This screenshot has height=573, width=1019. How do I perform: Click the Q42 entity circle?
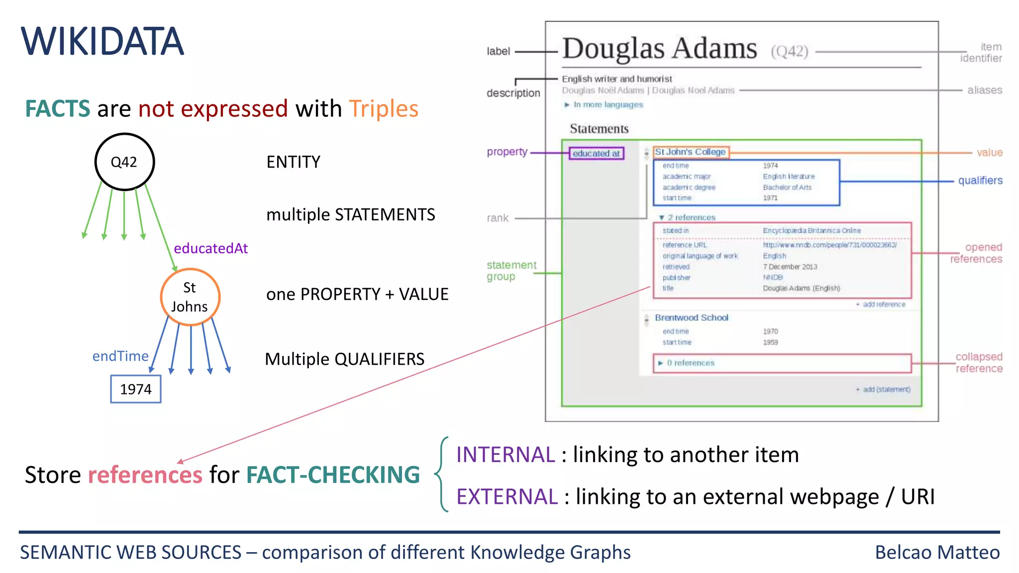pos(124,162)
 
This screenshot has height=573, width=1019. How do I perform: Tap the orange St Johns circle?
pos(190,297)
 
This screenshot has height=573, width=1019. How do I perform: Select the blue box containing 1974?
pos(135,389)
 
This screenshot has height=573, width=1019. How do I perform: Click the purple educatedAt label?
pos(210,248)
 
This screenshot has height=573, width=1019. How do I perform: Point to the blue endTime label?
pos(120,356)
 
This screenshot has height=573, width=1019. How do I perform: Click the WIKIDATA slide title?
pos(102,41)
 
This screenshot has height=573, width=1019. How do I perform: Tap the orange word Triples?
pos(384,108)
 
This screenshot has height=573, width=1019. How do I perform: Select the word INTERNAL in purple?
pos(506,455)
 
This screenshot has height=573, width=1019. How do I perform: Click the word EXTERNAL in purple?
pos(507,496)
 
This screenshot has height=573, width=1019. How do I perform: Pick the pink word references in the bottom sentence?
pos(145,475)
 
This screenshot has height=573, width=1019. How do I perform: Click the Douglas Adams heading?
pos(659,49)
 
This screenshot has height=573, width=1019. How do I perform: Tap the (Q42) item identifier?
pos(789,51)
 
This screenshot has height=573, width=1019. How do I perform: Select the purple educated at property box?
pos(596,154)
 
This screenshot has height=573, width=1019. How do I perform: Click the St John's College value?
pos(691,152)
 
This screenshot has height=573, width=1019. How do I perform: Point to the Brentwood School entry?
pos(692,317)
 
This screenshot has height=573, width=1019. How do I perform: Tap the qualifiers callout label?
pos(980,181)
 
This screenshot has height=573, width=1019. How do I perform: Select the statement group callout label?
pos(511,271)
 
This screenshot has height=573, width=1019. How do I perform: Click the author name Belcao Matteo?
pos(937,552)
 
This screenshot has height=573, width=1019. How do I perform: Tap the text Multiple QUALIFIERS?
pos(344,359)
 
